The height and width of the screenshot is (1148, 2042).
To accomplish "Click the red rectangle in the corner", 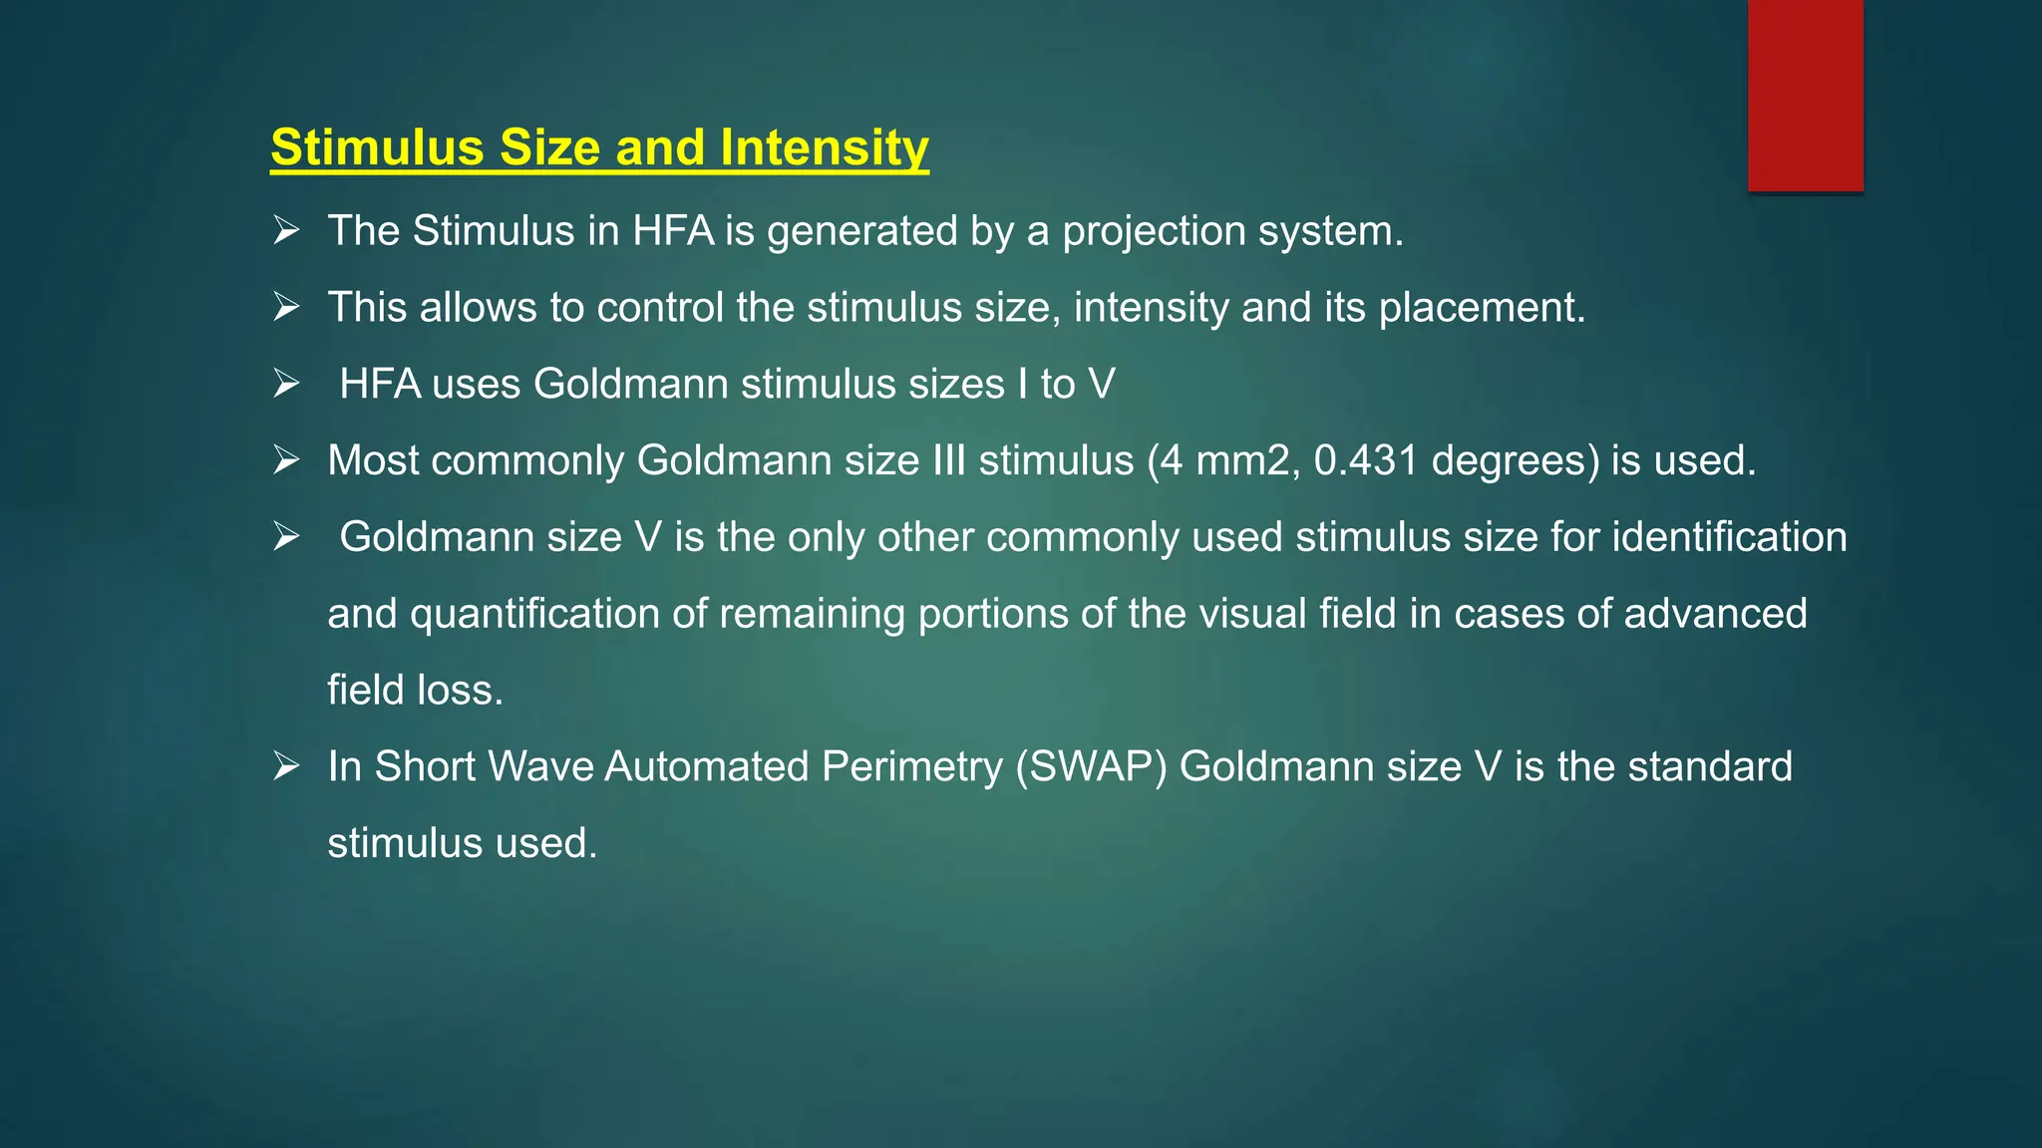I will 1805,95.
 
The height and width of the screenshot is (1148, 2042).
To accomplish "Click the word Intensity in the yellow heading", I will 825,147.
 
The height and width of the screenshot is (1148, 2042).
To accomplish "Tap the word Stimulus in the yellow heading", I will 377,147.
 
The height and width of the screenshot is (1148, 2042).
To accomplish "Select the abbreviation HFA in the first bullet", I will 673,231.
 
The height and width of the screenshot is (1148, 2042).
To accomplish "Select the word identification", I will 1729,537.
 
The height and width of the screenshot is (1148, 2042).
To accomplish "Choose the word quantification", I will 534,614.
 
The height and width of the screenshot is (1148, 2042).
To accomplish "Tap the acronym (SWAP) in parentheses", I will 1091,767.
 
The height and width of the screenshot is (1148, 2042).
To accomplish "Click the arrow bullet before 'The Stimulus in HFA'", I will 287,231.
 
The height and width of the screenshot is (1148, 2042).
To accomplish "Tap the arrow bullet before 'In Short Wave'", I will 287,766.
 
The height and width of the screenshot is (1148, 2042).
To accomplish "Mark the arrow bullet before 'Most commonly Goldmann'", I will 287,460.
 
